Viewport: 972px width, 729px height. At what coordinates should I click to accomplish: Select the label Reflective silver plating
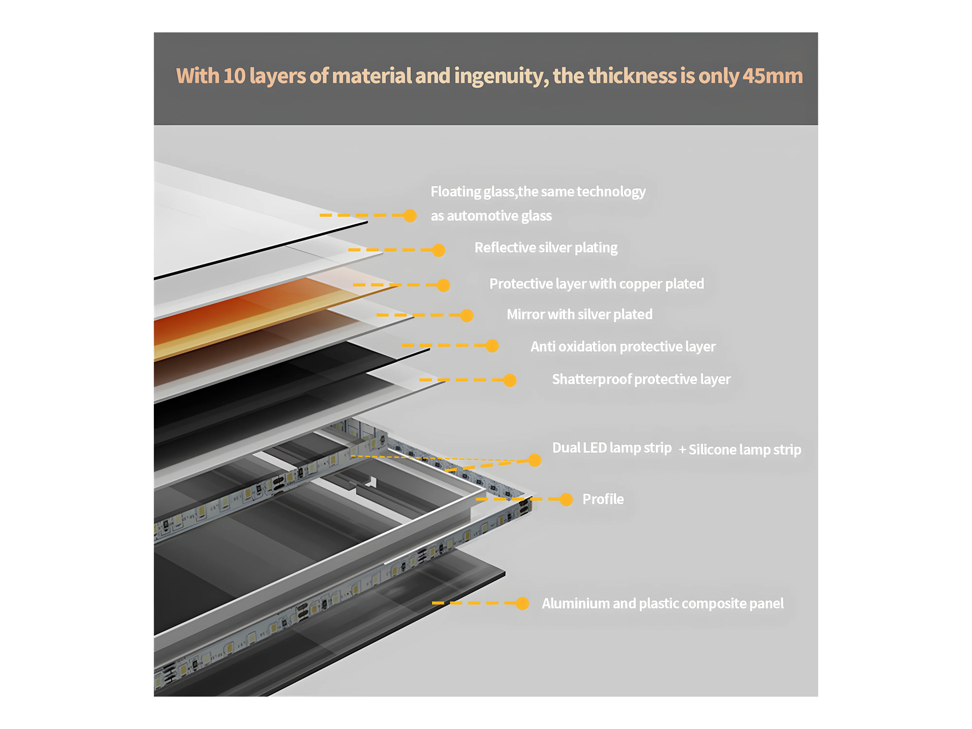tap(546, 248)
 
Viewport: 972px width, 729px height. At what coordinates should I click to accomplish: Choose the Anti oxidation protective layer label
tap(623, 347)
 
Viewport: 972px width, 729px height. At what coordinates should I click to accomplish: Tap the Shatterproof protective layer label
tap(641, 379)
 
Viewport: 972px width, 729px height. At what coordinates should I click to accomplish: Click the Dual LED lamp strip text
tap(612, 448)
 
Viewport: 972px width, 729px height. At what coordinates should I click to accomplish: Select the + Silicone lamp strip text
tap(740, 450)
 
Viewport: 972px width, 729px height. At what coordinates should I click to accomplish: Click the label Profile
tap(603, 499)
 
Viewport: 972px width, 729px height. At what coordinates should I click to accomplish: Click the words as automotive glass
tap(491, 216)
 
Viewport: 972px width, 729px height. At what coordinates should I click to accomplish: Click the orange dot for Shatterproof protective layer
tap(510, 380)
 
